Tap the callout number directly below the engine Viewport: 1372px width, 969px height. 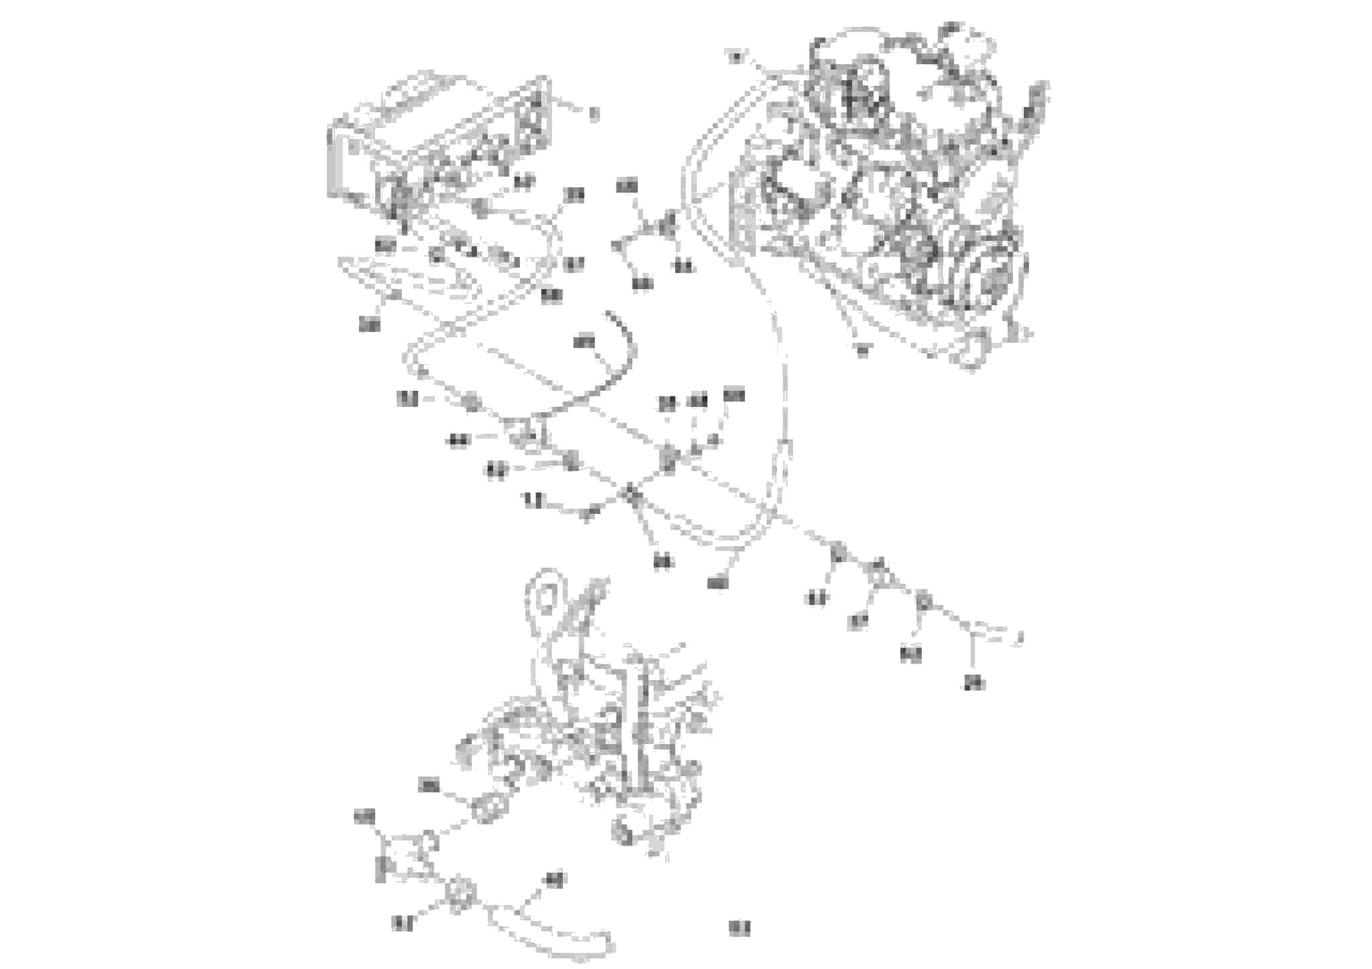point(862,351)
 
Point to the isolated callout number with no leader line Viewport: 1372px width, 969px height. point(739,928)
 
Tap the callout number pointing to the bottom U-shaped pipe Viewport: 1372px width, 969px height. point(554,880)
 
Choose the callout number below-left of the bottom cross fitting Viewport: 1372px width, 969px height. point(402,923)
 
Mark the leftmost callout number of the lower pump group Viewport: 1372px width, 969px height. point(365,816)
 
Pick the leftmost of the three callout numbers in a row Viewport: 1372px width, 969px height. point(667,403)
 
